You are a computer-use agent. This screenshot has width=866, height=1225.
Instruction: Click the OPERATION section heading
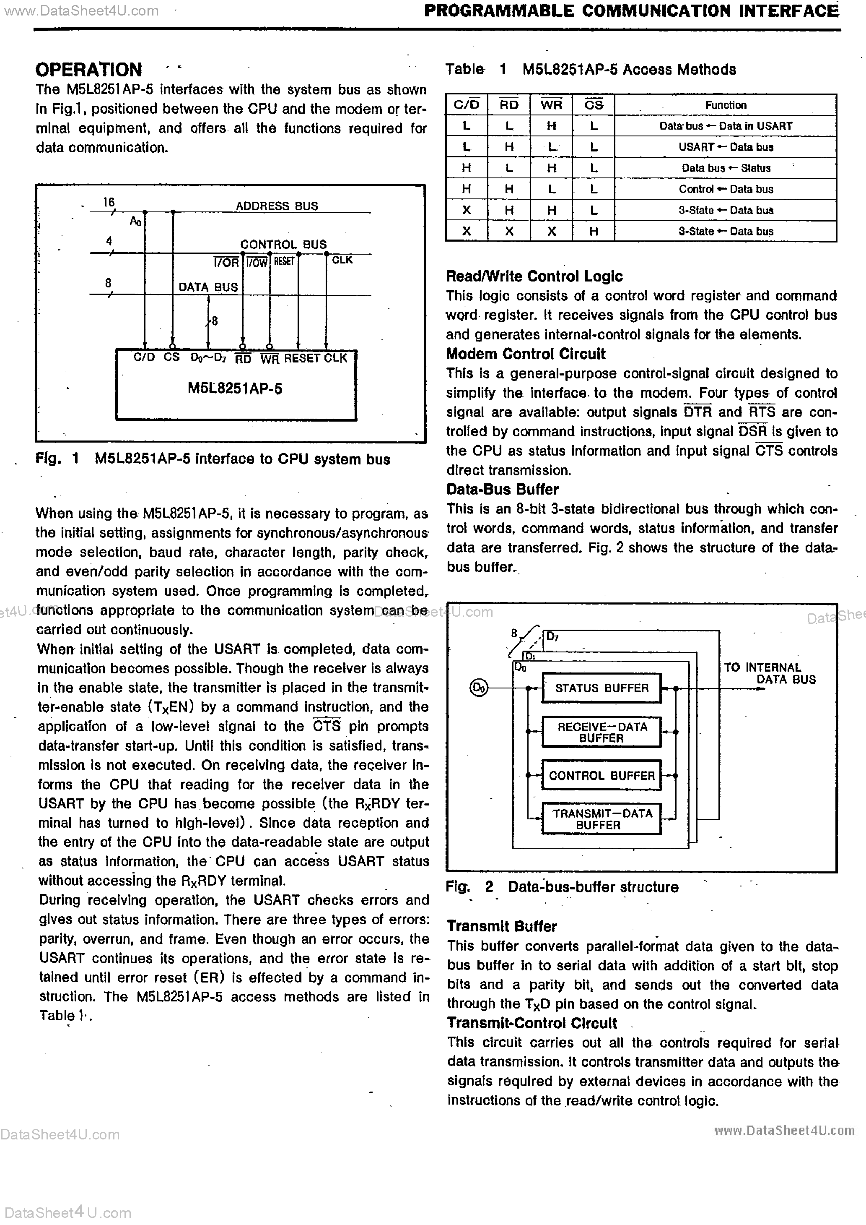point(88,70)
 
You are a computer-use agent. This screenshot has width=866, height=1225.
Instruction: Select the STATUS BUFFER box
point(601,688)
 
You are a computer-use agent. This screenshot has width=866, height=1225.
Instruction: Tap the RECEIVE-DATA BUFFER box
point(601,732)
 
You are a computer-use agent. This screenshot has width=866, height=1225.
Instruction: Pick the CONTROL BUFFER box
point(601,775)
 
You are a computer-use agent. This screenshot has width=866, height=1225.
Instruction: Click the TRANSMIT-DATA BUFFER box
point(601,819)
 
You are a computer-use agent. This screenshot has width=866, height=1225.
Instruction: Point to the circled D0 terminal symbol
point(478,688)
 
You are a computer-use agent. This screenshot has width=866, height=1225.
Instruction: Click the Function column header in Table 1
point(725,105)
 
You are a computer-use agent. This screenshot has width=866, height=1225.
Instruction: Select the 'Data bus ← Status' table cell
point(725,168)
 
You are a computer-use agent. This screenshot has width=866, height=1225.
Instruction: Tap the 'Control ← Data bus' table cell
point(725,189)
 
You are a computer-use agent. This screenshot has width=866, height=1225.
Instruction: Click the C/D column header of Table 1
point(466,105)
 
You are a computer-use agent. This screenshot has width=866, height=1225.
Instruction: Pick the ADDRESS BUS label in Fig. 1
point(277,206)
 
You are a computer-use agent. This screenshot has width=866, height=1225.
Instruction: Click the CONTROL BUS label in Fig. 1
point(283,244)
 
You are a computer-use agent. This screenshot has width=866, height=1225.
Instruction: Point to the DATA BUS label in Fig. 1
point(208,287)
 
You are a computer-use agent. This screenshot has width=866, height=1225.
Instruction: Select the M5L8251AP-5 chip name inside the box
point(235,388)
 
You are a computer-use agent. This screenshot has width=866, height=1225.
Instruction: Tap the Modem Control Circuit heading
point(525,354)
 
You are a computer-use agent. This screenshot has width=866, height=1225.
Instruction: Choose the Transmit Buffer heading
point(502,927)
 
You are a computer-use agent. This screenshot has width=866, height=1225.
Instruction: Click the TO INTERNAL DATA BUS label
point(770,673)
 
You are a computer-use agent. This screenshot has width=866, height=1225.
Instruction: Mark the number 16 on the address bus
point(109,202)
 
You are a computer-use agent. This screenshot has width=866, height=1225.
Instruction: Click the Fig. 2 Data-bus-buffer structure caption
point(562,887)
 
